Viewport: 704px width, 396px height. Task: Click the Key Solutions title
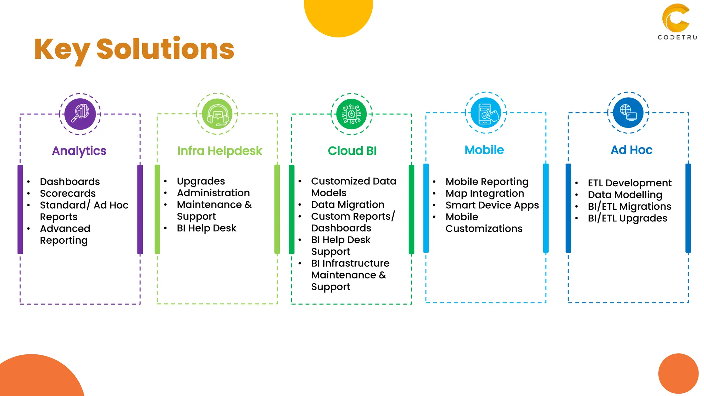coord(134,49)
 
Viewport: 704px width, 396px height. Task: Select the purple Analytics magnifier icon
coord(80,114)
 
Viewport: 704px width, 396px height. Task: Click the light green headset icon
coord(217,114)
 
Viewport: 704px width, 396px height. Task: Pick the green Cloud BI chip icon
coord(351,114)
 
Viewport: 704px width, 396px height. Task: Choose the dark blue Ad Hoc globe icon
coord(628,113)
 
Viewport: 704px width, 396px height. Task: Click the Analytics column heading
coord(79,151)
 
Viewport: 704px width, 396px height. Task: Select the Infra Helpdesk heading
coord(220,151)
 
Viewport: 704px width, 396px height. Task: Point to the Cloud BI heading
coord(352,151)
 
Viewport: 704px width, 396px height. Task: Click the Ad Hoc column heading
coord(631,150)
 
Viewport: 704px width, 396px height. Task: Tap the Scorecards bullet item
coord(68,194)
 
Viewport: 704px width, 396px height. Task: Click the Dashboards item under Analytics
coord(70,181)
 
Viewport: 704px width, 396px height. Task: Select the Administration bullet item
coord(213,193)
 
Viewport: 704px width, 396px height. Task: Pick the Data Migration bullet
coord(348,205)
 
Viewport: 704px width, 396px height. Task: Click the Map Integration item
coord(485,194)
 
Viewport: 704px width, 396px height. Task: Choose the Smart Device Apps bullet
coord(492,205)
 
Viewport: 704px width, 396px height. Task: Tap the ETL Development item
coord(629,183)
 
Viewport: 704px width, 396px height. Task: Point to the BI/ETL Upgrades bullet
coord(627,218)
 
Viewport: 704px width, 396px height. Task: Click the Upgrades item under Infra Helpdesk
coord(201,181)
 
